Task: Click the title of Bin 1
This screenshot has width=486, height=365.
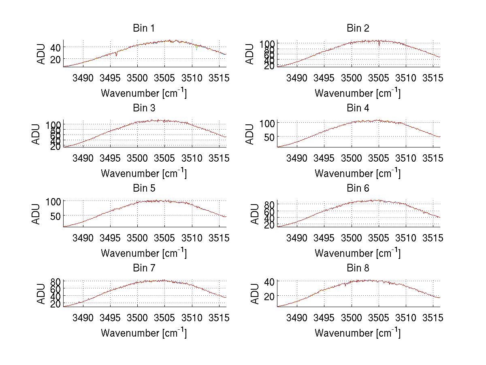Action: coord(144,28)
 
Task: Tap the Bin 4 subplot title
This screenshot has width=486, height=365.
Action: coord(358,108)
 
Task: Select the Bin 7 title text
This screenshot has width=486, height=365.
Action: coord(144,268)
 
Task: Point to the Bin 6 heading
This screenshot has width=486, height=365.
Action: coord(358,188)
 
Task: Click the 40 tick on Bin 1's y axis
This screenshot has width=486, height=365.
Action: coord(55,47)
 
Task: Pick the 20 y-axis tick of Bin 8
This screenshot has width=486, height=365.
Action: coord(269,296)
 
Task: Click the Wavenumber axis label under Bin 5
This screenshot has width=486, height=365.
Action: coord(144,253)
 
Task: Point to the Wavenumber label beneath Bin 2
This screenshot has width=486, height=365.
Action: coord(358,93)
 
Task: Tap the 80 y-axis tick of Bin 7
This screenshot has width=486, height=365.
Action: coord(55,281)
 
